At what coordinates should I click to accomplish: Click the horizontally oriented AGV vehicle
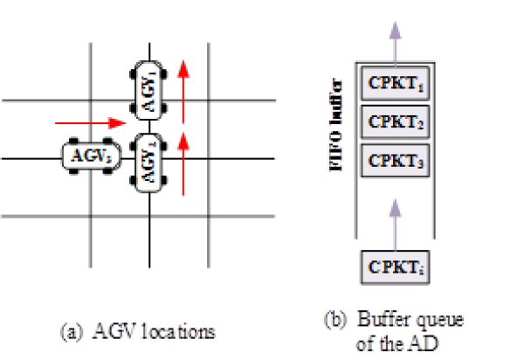(88, 157)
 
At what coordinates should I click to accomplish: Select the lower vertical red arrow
(183, 163)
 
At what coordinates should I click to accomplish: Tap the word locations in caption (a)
(185, 332)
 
